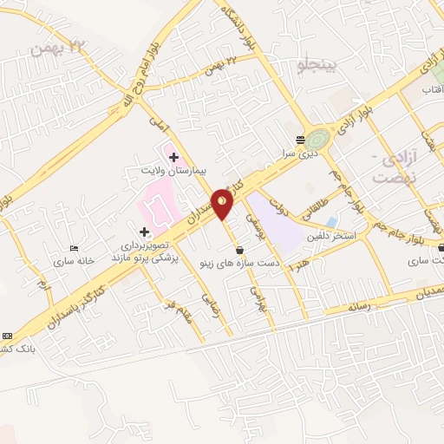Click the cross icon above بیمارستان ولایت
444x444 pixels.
click(174, 157)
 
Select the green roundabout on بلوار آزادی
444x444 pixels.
click(317, 139)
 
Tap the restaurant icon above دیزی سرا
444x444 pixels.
click(300, 139)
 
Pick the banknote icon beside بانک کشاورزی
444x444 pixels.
click(8, 336)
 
